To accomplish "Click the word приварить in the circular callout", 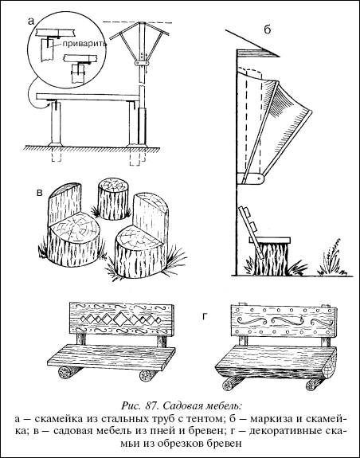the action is click(84, 45).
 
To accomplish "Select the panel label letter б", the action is click(267, 29).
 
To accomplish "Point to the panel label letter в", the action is click(39, 193).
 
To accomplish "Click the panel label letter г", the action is click(205, 317).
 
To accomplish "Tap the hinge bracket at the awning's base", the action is click(252, 178).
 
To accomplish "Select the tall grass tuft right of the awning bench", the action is click(333, 256).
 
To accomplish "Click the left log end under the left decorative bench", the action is click(65, 373).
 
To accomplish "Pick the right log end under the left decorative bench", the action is click(145, 376).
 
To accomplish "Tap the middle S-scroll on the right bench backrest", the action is click(283, 321).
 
